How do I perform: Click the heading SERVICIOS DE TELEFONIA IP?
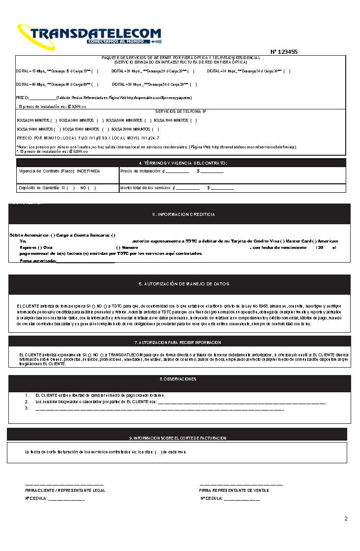click(181, 111)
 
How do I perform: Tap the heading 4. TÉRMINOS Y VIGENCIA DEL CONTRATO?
click(181, 163)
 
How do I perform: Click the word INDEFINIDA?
click(89, 171)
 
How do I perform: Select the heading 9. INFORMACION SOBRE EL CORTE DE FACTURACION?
click(177, 438)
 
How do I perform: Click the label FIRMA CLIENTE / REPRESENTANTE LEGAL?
click(65, 490)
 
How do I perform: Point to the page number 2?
click(346, 518)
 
